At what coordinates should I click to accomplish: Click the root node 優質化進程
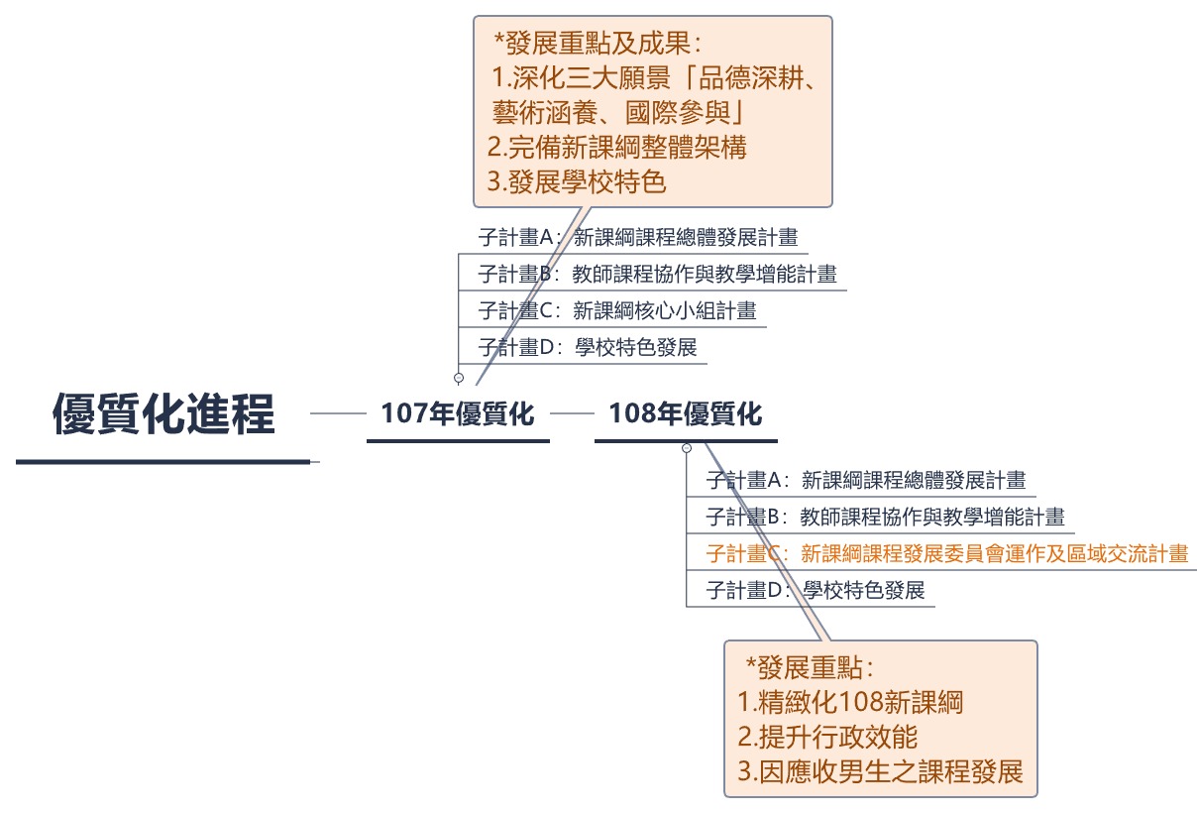click(163, 413)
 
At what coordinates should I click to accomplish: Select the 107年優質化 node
click(458, 413)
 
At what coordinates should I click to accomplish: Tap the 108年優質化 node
click(686, 413)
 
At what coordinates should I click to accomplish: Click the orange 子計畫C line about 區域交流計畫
click(946, 553)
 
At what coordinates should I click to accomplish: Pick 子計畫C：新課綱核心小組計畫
click(616, 310)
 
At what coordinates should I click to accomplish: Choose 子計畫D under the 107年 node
click(588, 347)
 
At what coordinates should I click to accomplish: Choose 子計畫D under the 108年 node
click(815, 590)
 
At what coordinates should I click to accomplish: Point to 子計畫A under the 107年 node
click(638, 237)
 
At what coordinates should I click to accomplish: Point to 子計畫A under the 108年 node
click(865, 481)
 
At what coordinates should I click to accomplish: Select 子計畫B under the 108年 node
click(885, 517)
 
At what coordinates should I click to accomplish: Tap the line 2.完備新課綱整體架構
click(617, 148)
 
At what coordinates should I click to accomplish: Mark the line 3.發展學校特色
click(577, 182)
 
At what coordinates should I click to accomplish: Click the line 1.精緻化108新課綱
click(851, 702)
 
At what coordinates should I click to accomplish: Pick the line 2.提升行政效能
click(828, 737)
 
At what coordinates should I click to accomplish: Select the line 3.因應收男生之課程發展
click(881, 771)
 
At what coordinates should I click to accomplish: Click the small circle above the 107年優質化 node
click(459, 378)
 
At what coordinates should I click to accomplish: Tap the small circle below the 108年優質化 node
click(687, 448)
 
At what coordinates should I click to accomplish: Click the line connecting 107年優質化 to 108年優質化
click(572, 413)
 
